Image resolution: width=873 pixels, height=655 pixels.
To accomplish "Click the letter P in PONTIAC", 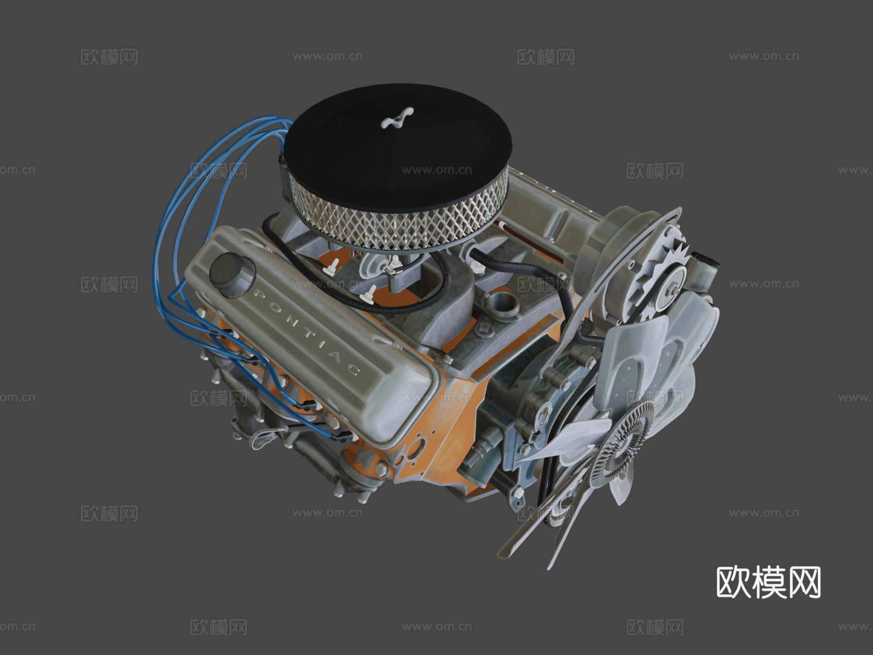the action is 259,294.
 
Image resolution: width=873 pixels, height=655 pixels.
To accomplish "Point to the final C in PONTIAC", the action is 354,372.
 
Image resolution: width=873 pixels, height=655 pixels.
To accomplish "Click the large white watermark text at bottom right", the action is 769,582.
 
